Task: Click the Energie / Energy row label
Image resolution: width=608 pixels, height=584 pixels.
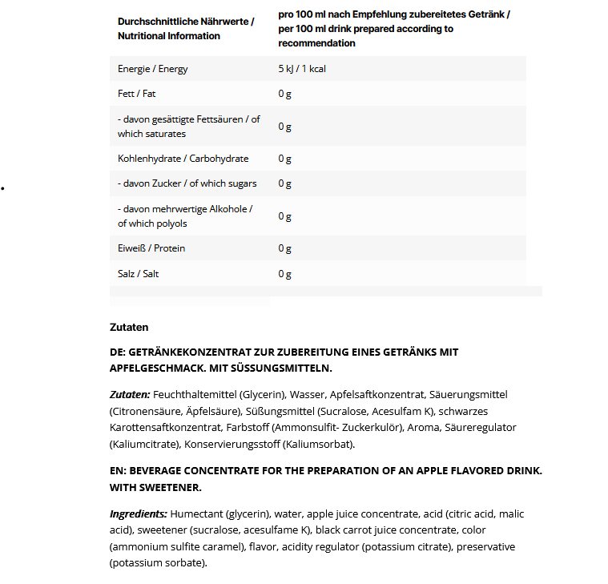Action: click(x=153, y=69)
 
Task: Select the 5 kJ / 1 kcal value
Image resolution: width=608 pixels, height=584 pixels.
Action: click(x=302, y=69)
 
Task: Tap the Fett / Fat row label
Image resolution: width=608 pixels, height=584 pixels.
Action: click(x=136, y=94)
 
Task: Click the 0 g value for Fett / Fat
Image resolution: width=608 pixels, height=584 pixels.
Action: click(x=284, y=94)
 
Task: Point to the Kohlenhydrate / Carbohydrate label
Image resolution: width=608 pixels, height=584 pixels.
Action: click(x=183, y=159)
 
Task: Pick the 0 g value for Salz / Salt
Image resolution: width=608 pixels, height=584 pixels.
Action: click(x=284, y=274)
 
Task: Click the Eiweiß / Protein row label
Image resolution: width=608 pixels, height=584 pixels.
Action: click(x=151, y=248)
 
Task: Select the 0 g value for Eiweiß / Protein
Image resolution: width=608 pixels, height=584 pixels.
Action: click(x=284, y=248)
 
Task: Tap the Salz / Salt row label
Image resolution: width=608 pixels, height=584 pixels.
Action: click(x=138, y=274)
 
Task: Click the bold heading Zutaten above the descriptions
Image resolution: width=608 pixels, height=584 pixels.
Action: click(x=129, y=327)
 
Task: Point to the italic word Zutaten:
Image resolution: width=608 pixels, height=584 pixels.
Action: click(x=130, y=395)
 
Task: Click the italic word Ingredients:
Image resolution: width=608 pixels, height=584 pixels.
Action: click(x=139, y=514)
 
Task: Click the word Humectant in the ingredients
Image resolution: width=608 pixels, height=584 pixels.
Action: click(x=197, y=514)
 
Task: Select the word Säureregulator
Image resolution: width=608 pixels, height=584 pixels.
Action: click(x=476, y=427)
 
